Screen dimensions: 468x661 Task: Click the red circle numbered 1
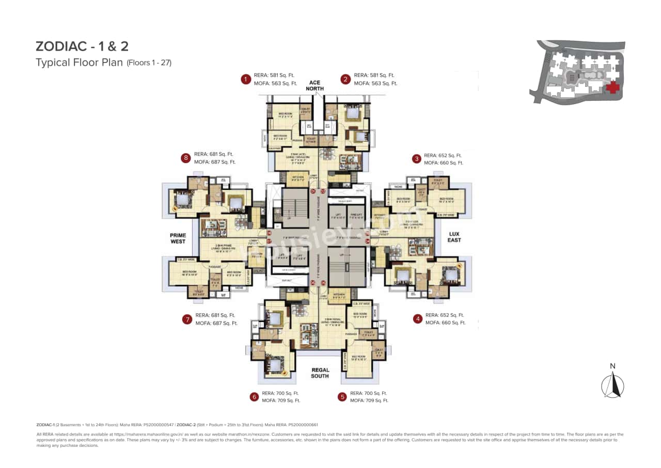(x=246, y=79)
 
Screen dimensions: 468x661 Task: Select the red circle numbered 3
(x=416, y=159)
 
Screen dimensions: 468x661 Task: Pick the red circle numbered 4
(x=417, y=319)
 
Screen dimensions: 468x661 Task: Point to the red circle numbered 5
(x=342, y=397)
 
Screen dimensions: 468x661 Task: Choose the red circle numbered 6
(x=254, y=397)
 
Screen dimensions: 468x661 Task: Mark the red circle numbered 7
(x=187, y=319)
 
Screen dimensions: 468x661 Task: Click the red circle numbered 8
(x=185, y=158)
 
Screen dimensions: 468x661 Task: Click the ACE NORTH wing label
(x=314, y=86)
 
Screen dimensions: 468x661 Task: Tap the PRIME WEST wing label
(x=178, y=238)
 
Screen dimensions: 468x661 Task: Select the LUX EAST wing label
(x=454, y=237)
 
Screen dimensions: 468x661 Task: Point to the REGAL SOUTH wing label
(x=320, y=373)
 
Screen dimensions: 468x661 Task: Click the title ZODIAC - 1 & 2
(x=82, y=46)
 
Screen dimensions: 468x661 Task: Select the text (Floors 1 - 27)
(x=149, y=63)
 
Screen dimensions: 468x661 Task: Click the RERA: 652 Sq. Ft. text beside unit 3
(x=443, y=155)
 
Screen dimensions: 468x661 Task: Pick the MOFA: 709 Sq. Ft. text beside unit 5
(x=369, y=400)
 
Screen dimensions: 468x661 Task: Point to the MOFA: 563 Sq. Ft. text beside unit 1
(x=275, y=83)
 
